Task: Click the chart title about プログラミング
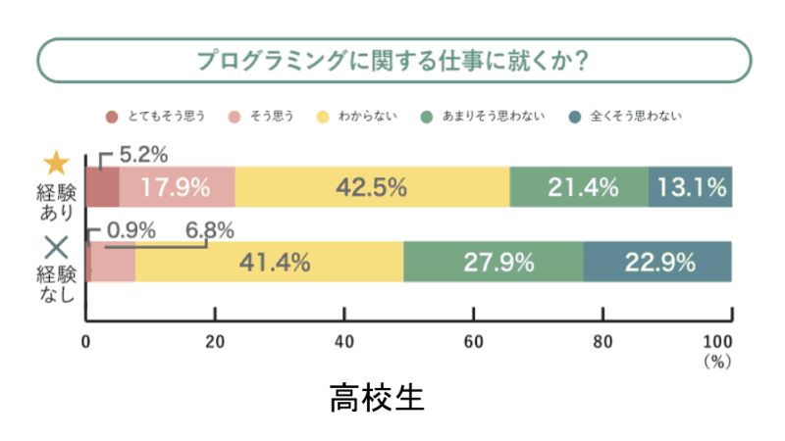pos(392,62)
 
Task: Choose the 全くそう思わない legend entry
pos(627,117)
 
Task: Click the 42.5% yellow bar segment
pos(372,187)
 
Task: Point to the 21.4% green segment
pos(579,187)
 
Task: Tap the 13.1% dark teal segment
pos(691,187)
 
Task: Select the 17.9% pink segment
pos(177,187)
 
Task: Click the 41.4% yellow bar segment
pos(270,262)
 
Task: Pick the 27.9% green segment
pos(494,262)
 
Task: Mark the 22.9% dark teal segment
pos(657,262)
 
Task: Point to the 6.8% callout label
pos(210,230)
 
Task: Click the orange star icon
pos(57,163)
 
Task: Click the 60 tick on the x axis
pos(473,341)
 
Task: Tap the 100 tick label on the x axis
pos(719,341)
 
